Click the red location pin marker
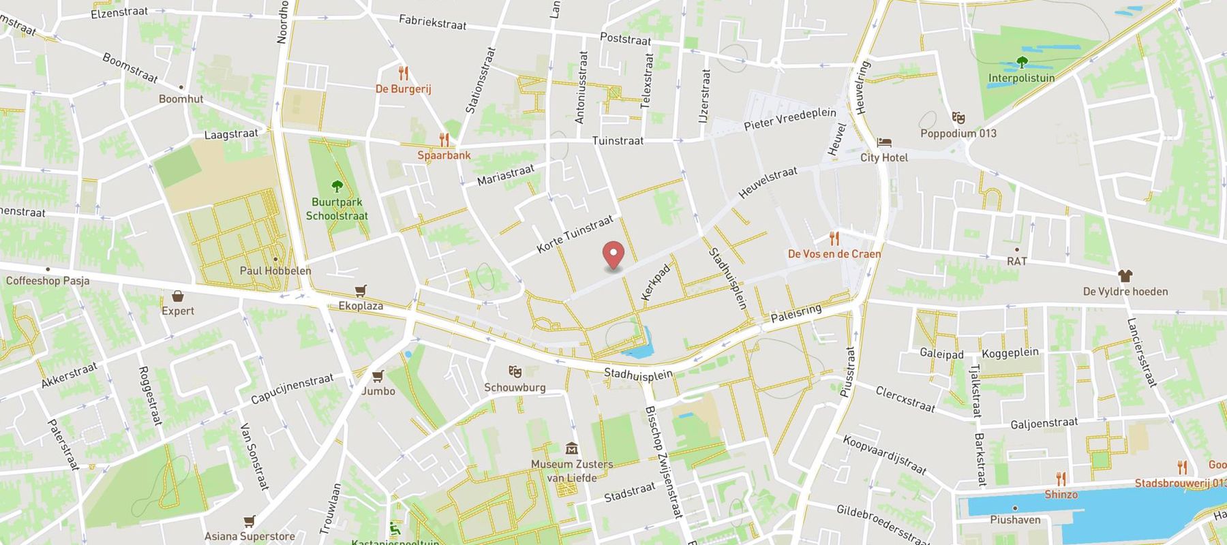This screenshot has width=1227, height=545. click(x=613, y=255)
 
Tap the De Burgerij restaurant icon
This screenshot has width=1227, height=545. click(x=404, y=74)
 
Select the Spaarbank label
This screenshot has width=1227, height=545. click(x=444, y=155)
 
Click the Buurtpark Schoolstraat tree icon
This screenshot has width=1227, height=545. click(x=336, y=186)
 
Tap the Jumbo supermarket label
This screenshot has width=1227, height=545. click(x=378, y=391)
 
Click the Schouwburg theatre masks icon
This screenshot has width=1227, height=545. click(x=515, y=372)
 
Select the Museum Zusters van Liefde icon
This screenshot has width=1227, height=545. click(x=572, y=448)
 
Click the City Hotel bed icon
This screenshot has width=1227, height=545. click(x=884, y=142)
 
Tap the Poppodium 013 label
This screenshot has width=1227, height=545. click(x=958, y=134)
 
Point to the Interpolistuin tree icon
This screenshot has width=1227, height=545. click(x=1021, y=63)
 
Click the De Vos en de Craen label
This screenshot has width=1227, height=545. click(x=834, y=254)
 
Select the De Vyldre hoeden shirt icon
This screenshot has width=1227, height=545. click(x=1125, y=276)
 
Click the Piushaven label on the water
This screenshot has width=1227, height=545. click(x=1015, y=520)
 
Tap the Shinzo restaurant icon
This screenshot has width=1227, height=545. click(x=1061, y=479)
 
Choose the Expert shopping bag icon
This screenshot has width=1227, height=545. click(x=178, y=296)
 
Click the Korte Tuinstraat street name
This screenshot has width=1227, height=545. click(x=575, y=234)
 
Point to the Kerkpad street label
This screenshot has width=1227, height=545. click(x=656, y=282)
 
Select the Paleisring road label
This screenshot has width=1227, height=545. click(x=796, y=314)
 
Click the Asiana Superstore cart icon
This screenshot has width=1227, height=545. click(x=249, y=522)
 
